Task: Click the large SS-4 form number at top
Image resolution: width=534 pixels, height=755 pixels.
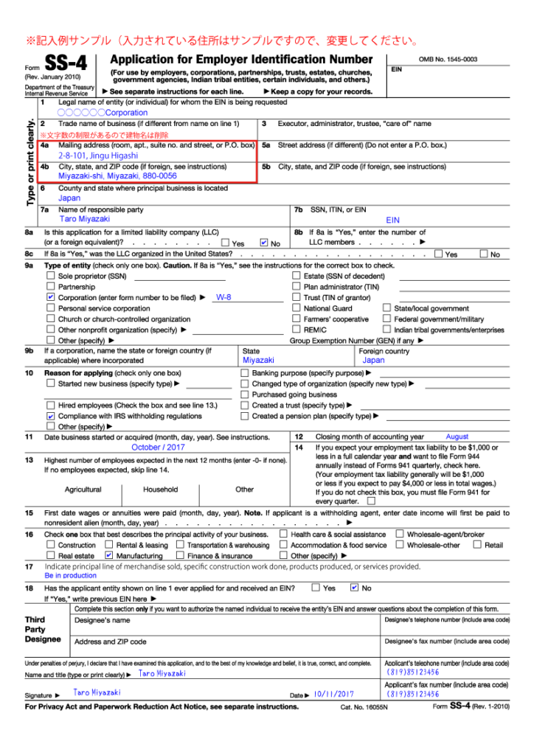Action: click(x=66, y=65)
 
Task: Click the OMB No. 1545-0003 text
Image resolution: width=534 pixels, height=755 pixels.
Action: click(x=448, y=59)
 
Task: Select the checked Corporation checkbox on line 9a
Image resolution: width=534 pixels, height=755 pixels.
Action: click(x=51, y=298)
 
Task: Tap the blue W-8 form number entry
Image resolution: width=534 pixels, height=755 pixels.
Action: click(x=223, y=298)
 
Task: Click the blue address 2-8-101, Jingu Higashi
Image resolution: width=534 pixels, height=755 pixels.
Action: click(x=98, y=156)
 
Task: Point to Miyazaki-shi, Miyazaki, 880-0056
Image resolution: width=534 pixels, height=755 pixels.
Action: click(x=117, y=177)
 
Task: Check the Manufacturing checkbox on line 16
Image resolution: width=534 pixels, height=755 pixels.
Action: click(x=109, y=555)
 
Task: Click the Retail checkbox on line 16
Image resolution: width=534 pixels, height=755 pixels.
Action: click(x=477, y=545)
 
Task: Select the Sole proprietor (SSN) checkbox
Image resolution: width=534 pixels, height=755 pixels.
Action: click(x=51, y=276)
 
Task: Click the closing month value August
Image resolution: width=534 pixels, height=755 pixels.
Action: click(x=457, y=437)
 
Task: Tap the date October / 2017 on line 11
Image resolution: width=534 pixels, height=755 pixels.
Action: click(x=159, y=447)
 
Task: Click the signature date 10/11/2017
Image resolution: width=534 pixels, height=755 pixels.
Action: click(x=333, y=695)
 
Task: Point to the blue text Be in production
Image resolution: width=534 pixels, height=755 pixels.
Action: click(x=70, y=576)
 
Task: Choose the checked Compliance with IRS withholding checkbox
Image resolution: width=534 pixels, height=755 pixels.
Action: click(x=51, y=417)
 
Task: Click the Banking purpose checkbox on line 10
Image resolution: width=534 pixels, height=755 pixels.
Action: click(x=245, y=373)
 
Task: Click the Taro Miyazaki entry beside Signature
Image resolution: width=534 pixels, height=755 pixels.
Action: click(x=97, y=693)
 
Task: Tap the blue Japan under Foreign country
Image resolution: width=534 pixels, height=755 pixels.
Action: click(x=373, y=361)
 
